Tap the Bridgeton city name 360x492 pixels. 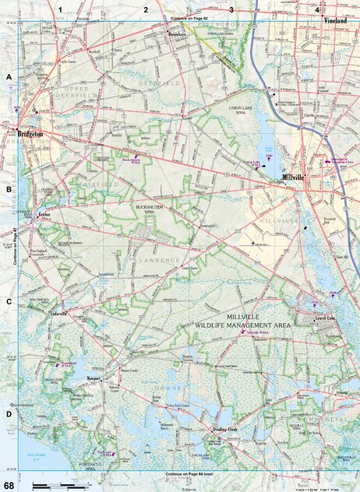tap(30, 134)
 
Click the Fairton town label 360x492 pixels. tap(44, 213)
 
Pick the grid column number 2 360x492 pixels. tap(145, 9)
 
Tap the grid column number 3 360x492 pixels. tap(231, 9)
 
